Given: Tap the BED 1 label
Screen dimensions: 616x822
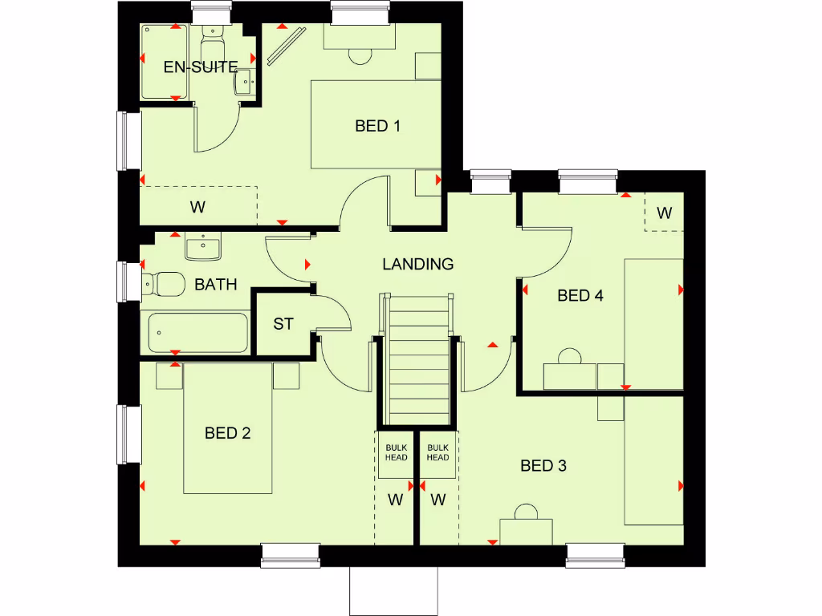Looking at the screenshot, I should tap(377, 126).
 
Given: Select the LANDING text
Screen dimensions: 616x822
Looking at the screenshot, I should tap(417, 264).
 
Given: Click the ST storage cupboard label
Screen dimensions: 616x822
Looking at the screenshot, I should tap(283, 324).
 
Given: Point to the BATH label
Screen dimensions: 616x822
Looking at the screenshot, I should tap(216, 284).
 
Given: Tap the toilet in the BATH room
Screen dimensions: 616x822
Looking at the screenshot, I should tap(161, 282).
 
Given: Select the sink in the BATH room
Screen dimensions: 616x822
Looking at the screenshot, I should tap(202, 247).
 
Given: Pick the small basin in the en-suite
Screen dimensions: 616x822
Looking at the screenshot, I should tap(245, 80).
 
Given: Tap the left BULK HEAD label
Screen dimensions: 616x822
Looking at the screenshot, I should tap(397, 452).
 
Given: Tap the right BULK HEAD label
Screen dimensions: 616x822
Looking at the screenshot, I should tap(437, 452).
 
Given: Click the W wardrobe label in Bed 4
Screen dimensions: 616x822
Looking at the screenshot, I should tap(664, 213).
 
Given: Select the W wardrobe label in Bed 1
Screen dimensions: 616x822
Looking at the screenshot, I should tap(197, 207).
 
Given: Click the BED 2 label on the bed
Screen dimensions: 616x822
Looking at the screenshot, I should tap(228, 433).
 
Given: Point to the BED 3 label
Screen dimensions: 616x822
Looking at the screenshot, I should tap(543, 465).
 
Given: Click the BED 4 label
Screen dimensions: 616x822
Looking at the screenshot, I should tap(580, 295).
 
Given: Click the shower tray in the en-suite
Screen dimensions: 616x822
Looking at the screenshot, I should tap(165, 63).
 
